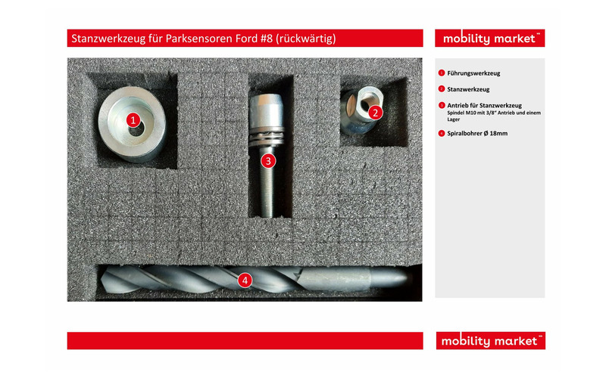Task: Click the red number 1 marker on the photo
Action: coord(133,120)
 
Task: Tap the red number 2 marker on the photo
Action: coord(375,113)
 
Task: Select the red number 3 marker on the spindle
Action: coord(268,161)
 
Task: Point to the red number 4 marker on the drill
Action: coord(245,280)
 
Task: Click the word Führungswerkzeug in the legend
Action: coord(473,73)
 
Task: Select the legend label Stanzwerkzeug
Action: coord(468,89)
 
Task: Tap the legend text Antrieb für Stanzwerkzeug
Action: coord(484,105)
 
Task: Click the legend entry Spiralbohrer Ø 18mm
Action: coord(477,134)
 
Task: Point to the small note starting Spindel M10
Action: coord(494,116)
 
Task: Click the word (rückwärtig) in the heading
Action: coord(306,39)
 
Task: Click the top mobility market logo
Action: coord(489,39)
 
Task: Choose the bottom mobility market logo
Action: coord(490,341)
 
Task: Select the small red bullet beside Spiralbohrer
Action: coord(442,134)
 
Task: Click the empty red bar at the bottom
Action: coord(245,341)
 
